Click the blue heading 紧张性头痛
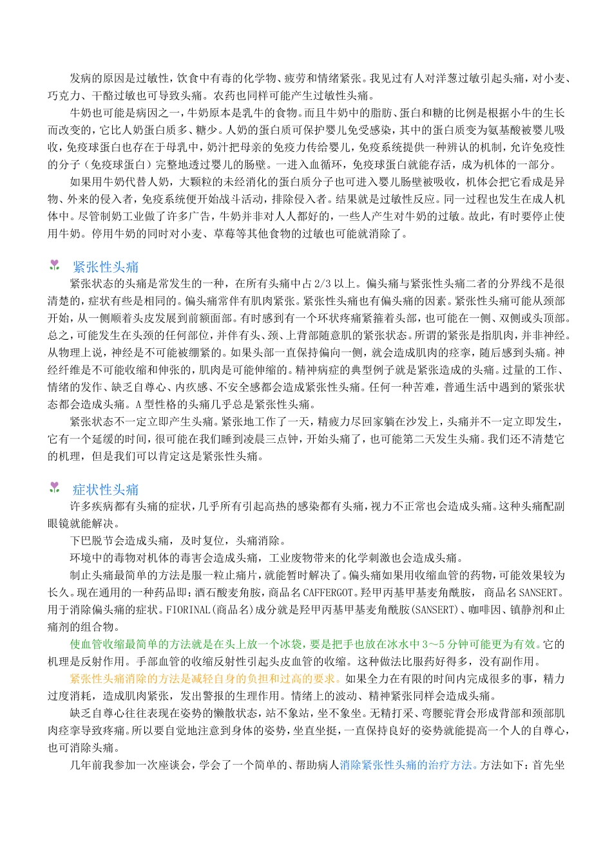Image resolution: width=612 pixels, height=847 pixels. pos(106,267)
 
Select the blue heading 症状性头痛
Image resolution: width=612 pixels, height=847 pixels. pos(106,489)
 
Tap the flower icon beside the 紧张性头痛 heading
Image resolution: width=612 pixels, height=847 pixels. pos(55,266)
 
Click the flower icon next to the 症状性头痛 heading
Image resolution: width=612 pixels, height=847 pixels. pos(55,488)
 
